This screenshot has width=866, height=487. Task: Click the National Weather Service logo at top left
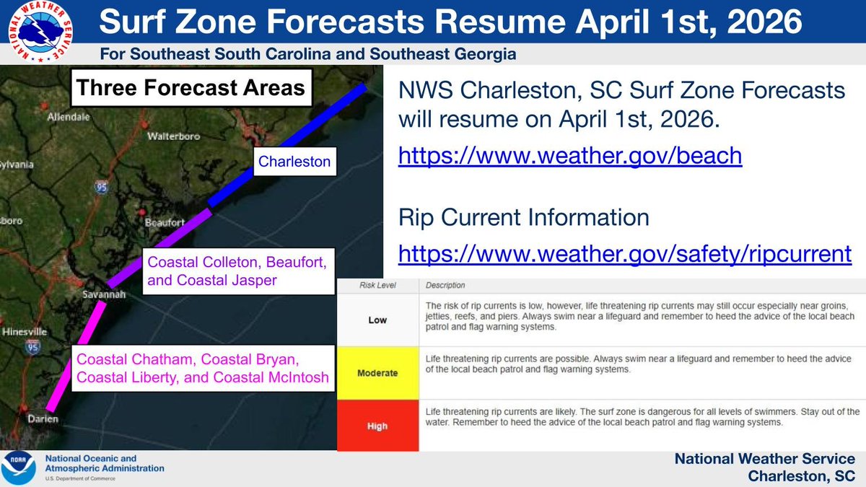[x=42, y=30]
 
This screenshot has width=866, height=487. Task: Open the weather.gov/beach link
[x=570, y=156]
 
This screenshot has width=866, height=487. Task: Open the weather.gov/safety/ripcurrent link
[x=625, y=253]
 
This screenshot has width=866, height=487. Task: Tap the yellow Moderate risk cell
[x=377, y=373]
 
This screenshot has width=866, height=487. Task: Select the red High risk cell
[x=377, y=426]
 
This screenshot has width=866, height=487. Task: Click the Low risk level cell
[x=377, y=320]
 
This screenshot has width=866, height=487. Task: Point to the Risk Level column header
[x=377, y=286]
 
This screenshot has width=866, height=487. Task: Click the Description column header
[x=445, y=286]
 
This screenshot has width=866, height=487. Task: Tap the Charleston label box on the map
[x=294, y=162]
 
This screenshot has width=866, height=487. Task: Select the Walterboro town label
[x=172, y=136]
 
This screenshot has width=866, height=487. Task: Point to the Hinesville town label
[x=25, y=332]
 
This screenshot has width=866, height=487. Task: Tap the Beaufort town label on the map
[x=165, y=223]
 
